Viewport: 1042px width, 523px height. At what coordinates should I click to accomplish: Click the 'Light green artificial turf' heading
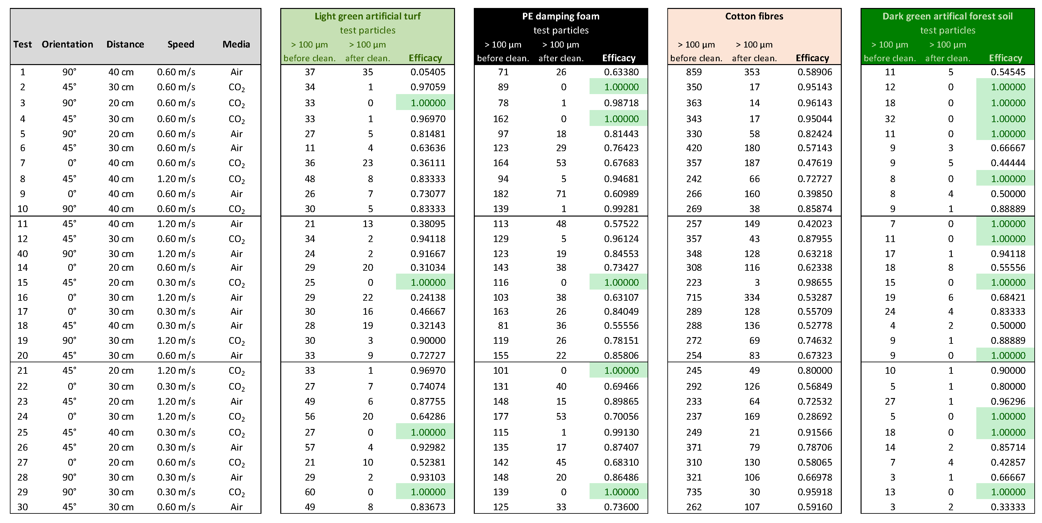(367, 16)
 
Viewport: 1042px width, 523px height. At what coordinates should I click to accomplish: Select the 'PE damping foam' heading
(561, 16)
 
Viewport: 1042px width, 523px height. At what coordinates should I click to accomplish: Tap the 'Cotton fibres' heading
(754, 16)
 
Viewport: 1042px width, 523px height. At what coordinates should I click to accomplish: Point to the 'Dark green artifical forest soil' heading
(947, 16)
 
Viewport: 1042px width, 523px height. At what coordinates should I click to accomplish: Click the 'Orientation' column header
(67, 44)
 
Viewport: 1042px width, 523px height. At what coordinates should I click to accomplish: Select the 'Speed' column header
(181, 44)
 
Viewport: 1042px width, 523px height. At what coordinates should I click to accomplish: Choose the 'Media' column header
(236, 44)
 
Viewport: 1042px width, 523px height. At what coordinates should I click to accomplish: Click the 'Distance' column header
(125, 44)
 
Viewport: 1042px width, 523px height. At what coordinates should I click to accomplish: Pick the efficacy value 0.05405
(428, 72)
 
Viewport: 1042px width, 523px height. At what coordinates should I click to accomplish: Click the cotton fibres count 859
(694, 72)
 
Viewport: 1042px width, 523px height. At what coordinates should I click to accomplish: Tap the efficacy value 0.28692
(815, 416)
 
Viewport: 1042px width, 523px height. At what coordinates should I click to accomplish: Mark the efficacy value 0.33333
(1008, 507)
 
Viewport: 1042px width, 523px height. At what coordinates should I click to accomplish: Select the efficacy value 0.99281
(621, 209)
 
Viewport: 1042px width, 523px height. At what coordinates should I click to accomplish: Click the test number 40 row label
(23, 254)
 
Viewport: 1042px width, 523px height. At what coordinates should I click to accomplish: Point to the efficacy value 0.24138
(428, 297)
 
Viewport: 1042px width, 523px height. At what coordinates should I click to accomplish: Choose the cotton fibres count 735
(694, 492)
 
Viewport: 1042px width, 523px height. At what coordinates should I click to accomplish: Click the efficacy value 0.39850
(815, 194)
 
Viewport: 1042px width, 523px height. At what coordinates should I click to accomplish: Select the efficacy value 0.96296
(1008, 401)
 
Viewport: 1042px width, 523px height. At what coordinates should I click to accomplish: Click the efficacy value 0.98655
(815, 282)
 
